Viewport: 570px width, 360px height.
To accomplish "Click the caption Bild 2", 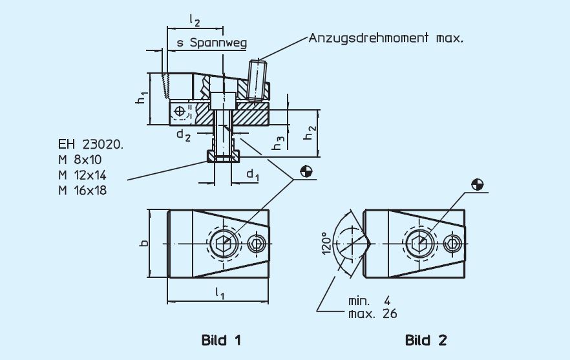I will (426, 339).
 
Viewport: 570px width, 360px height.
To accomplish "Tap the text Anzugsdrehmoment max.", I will (386, 37).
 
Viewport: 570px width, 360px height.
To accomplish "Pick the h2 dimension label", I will (311, 132).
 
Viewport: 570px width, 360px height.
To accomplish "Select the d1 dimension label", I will (253, 174).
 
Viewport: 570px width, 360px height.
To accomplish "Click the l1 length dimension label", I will (219, 295).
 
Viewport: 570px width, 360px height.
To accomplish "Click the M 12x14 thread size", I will (82, 175).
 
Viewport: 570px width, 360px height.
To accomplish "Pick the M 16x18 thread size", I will (82, 190).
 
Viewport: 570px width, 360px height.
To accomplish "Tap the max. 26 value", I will (372, 314).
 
